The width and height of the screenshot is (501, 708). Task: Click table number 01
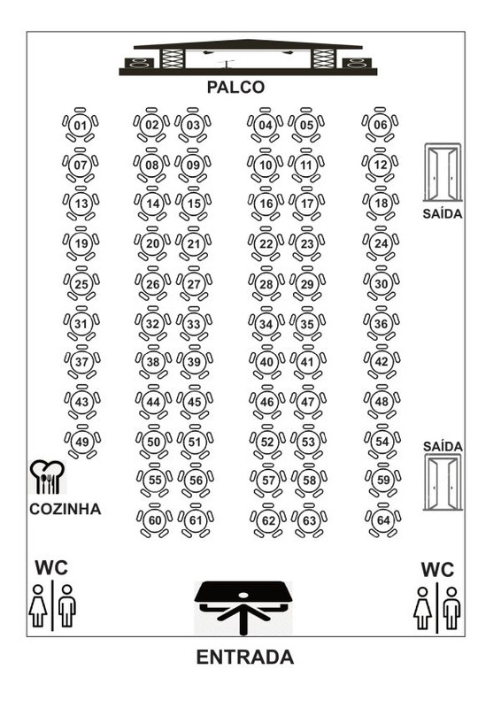(x=81, y=125)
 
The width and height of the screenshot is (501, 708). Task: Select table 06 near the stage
(x=381, y=125)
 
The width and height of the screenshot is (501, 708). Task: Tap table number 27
(x=194, y=284)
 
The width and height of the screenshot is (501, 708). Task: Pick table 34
(x=266, y=324)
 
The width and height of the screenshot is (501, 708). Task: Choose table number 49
(x=82, y=442)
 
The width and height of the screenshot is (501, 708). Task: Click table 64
(x=383, y=520)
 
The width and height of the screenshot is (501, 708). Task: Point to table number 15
(x=194, y=204)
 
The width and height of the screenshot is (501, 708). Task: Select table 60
(x=155, y=520)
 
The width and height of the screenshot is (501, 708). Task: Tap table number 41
(x=307, y=362)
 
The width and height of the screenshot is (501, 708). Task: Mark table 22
(x=266, y=244)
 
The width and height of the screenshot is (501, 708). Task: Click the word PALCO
(x=235, y=87)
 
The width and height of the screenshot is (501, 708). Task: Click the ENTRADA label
(x=245, y=657)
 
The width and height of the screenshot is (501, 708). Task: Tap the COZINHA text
(x=65, y=509)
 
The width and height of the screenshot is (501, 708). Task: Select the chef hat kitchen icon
(x=47, y=477)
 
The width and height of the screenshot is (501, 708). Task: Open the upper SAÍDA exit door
(x=443, y=173)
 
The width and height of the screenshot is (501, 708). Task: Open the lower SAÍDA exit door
(x=443, y=482)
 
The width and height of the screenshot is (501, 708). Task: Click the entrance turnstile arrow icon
(x=243, y=607)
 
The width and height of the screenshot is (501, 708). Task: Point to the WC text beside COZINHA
(x=51, y=568)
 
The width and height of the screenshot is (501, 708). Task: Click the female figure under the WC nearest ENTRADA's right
(x=422, y=608)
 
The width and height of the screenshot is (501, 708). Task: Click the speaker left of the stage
(x=139, y=63)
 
